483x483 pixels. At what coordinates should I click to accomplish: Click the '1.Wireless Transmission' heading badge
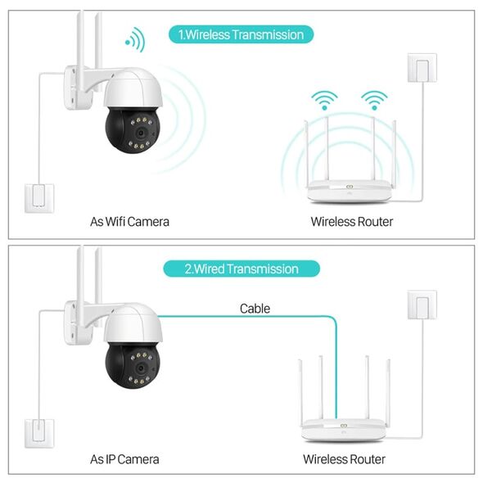tap(241, 34)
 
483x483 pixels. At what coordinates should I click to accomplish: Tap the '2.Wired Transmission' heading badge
tap(241, 269)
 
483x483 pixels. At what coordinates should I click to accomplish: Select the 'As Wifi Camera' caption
tap(129, 222)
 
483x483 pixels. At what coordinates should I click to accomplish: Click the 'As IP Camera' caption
tap(124, 459)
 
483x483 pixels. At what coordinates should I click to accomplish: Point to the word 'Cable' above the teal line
tap(255, 309)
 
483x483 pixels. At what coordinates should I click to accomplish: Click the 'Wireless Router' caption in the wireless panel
tap(352, 222)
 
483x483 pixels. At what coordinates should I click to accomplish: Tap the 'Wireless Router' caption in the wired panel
tap(344, 459)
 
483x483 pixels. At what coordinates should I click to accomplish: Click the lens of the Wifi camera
tap(141, 133)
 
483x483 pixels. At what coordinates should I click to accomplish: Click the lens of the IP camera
tap(141, 368)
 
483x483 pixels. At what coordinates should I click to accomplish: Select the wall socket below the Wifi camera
tap(39, 199)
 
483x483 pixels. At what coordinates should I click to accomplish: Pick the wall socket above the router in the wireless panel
tap(422, 68)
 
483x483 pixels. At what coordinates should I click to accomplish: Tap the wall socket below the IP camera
tap(39, 433)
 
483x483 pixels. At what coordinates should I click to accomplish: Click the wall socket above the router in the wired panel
tap(422, 305)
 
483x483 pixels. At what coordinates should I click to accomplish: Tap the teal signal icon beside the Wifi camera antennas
tap(135, 40)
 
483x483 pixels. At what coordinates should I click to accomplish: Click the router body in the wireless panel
tap(350, 191)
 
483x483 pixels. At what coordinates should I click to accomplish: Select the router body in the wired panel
tap(344, 429)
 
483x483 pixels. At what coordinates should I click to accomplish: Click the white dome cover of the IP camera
tap(133, 323)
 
